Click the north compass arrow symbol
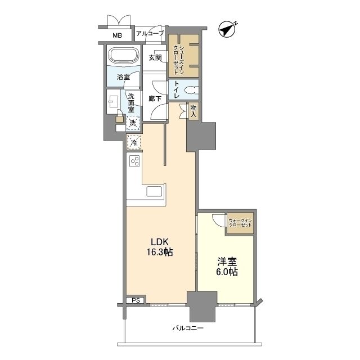tap(227, 30)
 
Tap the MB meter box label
tap(117, 35)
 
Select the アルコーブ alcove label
tap(150, 34)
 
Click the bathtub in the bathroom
tap(124, 55)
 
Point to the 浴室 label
tap(123, 77)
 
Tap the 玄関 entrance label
tap(155, 57)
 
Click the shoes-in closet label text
tap(179, 60)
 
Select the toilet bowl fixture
tap(191, 90)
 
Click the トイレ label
tap(177, 89)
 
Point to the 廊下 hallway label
tap(155, 99)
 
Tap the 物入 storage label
tap(193, 111)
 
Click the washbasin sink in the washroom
tap(113, 101)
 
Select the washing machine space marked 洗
tap(133, 123)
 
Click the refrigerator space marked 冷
tap(134, 142)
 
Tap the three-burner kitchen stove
tap(134, 161)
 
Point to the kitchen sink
tap(154, 191)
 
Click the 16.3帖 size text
tap(160, 252)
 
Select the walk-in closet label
tap(240, 223)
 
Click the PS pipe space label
tap(136, 300)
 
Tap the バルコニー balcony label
tap(188, 328)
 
